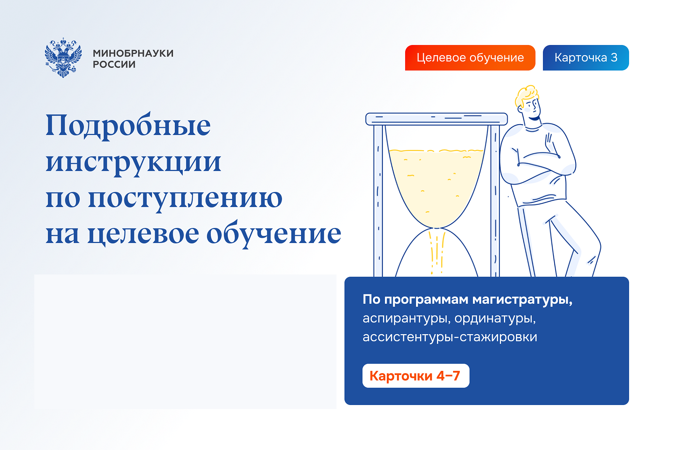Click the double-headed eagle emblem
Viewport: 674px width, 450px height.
(63, 58)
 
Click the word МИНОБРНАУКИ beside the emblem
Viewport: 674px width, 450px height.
(133, 53)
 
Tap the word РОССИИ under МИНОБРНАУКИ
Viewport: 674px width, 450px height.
(114, 64)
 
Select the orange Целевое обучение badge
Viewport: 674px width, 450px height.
(470, 58)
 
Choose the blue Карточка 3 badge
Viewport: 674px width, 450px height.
(586, 58)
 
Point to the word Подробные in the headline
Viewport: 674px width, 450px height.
(128, 126)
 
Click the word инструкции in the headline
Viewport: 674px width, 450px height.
(133, 163)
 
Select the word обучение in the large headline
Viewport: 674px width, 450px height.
(274, 234)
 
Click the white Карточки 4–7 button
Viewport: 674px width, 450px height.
(416, 376)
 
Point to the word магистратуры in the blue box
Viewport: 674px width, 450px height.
(522, 300)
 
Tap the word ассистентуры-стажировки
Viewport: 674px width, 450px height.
(450, 337)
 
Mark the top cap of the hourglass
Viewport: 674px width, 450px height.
(437, 119)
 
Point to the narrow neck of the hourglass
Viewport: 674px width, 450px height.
(437, 228)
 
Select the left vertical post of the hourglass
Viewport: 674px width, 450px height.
(378, 201)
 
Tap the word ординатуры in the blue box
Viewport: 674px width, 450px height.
(495, 319)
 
